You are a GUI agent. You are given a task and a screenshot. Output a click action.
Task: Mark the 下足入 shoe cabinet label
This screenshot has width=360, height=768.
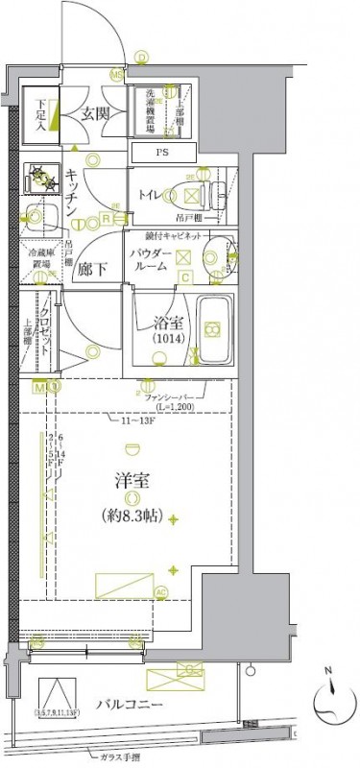(41, 113)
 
